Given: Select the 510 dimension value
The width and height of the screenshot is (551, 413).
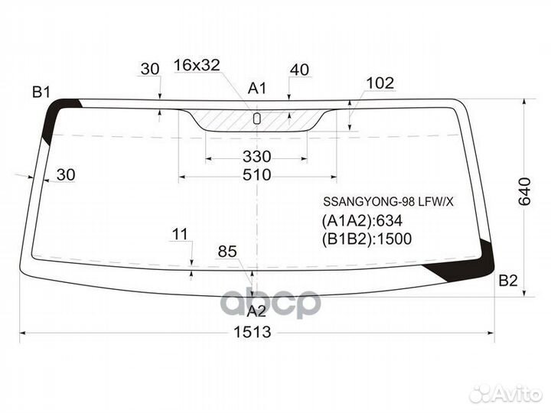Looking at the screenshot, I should [256, 174].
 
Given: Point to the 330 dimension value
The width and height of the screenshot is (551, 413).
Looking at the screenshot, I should [256, 157].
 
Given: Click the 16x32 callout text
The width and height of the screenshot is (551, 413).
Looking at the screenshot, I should [197, 66].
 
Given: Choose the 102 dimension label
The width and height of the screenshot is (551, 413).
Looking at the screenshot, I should [380, 83].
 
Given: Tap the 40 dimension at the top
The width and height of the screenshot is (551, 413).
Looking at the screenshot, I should [299, 70].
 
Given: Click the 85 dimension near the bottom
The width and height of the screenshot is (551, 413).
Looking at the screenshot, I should [227, 251].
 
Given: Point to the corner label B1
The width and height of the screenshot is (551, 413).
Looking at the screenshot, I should [41, 93].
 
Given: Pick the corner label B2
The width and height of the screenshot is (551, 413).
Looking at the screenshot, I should [508, 281].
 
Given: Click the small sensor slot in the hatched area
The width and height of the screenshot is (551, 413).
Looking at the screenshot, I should [257, 118].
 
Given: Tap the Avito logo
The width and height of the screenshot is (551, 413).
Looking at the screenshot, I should [506, 393].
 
